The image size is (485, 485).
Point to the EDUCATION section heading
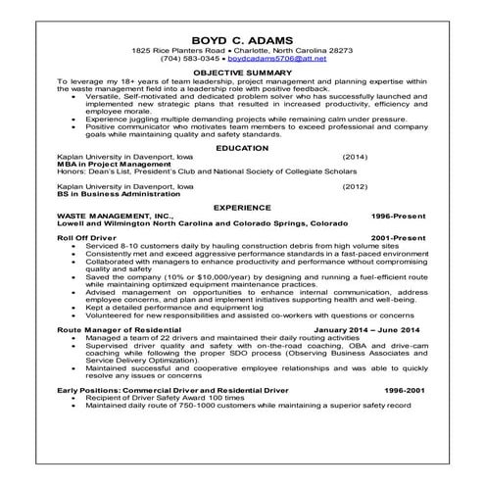pos(242,147)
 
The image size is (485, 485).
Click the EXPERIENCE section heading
pos(242,208)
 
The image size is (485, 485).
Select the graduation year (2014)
pos(355,156)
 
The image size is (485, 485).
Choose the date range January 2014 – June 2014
pos(369,331)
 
